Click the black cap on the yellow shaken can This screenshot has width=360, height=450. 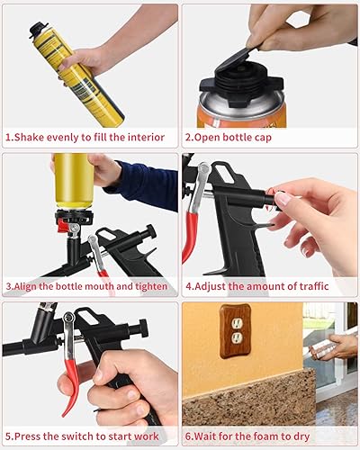39,30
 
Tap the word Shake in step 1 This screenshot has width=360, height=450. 29,138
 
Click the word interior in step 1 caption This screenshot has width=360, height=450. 146,138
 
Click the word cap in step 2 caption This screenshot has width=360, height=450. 263,138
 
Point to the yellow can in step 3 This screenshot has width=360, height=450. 74,180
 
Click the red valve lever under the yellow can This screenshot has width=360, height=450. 63,226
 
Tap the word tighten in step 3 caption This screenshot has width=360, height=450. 151,286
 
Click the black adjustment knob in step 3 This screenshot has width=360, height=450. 150,232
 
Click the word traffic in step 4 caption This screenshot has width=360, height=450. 314,286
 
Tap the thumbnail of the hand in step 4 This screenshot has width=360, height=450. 283,199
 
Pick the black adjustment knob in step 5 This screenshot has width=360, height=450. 143,328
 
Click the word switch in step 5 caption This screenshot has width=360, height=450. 78,436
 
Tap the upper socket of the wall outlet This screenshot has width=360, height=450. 237,323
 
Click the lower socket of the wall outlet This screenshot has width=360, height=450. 236,338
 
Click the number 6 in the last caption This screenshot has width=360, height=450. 188,436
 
